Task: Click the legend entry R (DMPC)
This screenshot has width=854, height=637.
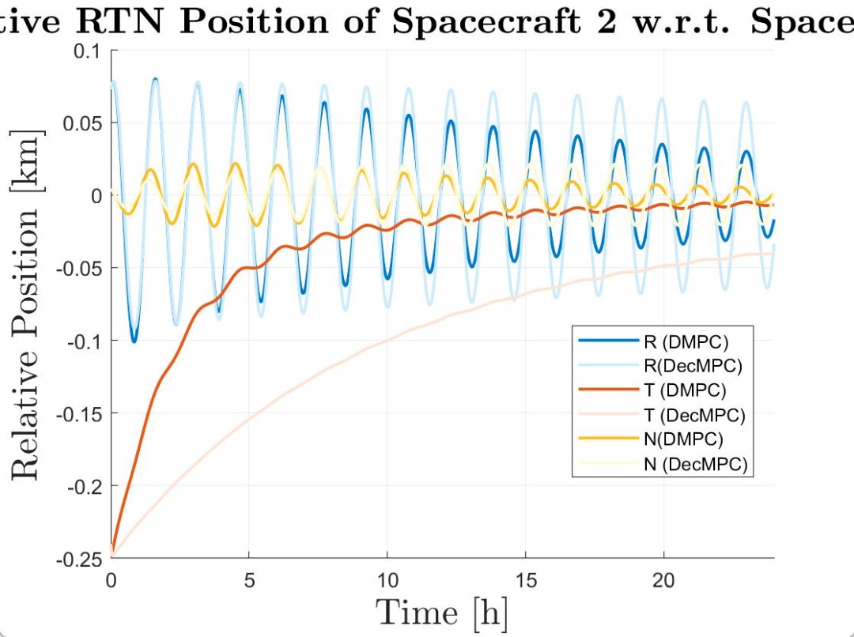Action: coord(685,342)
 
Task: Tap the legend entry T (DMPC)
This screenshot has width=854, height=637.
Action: coord(685,390)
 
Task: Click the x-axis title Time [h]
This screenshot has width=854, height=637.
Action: coord(441,613)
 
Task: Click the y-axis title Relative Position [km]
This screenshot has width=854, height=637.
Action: coord(27,303)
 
